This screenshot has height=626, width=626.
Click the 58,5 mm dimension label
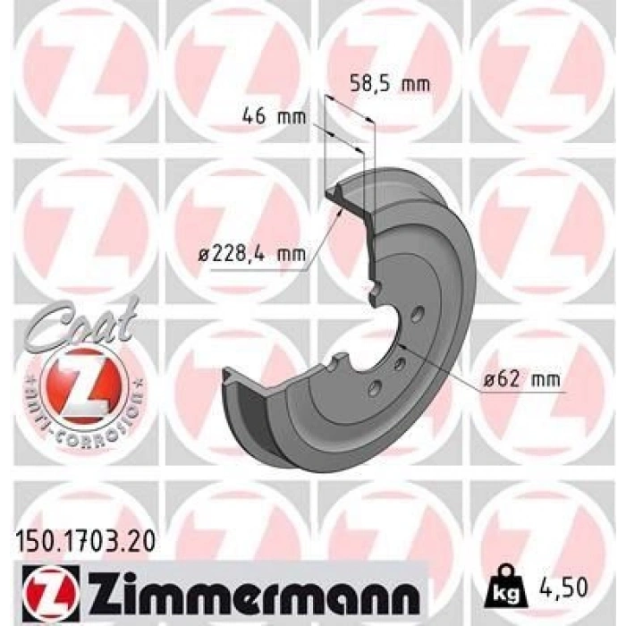(x=390, y=85)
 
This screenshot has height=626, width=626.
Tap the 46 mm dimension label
(x=275, y=116)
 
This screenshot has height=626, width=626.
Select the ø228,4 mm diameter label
(x=252, y=253)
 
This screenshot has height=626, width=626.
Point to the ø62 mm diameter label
(x=521, y=379)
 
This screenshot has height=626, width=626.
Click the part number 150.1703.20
(x=85, y=541)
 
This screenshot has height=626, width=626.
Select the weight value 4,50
(x=563, y=587)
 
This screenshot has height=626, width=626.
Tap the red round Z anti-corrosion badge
(x=85, y=389)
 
